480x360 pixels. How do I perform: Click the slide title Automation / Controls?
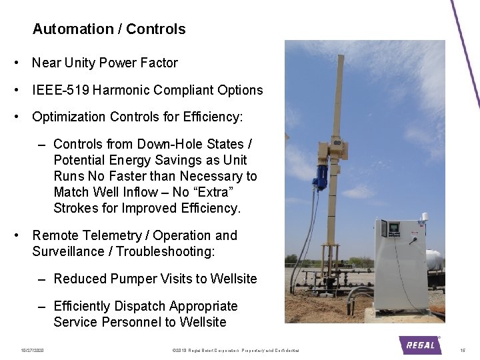[109, 29]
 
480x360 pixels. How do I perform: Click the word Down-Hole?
[166, 145]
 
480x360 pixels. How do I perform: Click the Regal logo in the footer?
[420, 345]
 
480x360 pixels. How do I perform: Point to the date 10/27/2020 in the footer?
[31, 350]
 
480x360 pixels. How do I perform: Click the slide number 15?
[463, 350]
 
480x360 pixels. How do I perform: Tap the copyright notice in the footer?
[235, 350]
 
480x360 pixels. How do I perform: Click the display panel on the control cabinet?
[394, 229]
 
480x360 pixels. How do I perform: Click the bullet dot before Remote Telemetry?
[16, 235]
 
